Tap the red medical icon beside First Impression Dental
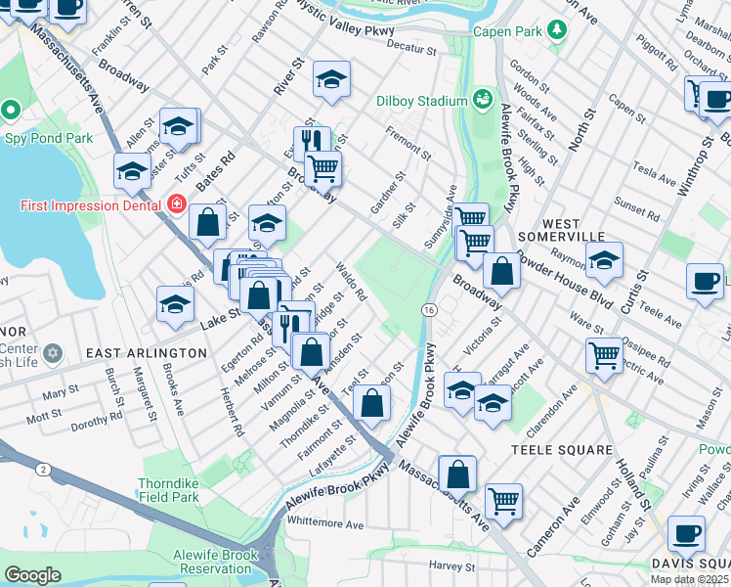pos(177,204)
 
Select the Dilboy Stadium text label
pos(421,100)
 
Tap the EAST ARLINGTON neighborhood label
pos(147,352)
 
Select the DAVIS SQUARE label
pos(690,564)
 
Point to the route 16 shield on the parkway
pos(429,309)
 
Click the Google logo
pos(32,574)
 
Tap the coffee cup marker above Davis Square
pos(686,534)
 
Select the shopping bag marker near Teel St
pos(372,403)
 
